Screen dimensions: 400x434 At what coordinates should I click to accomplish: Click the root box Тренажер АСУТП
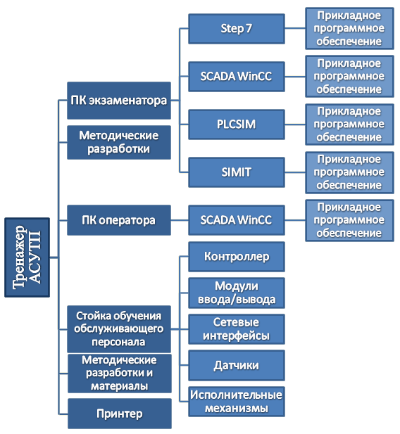coord(27,257)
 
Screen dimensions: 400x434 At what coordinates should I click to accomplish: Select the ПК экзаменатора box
coord(119,101)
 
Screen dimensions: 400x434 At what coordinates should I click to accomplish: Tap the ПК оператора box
coord(119,220)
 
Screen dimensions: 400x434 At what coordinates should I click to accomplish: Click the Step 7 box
coord(237,29)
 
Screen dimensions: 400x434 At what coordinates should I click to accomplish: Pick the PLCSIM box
coord(237,125)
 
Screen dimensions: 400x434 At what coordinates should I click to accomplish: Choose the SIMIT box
coord(237,172)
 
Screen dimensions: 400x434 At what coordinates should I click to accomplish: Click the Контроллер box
coord(237,257)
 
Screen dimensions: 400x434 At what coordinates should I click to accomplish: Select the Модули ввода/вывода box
coord(237,293)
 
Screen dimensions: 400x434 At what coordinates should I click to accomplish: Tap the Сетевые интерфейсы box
coord(237,329)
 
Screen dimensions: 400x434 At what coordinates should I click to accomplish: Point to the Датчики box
coord(237,366)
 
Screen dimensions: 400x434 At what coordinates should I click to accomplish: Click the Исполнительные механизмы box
coord(237,402)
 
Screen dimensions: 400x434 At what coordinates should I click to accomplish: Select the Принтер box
coord(120,414)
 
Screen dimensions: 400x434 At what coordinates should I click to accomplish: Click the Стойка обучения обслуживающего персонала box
coord(119,329)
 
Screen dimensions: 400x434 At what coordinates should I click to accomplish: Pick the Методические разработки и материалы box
coord(120,374)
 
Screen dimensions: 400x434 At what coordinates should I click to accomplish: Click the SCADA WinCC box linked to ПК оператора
coord(237,220)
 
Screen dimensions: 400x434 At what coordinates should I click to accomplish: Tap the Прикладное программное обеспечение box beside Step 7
coord(349,29)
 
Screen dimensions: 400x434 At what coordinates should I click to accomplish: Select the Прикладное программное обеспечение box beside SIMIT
coord(349,172)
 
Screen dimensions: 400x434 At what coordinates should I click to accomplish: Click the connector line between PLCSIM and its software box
coord(295,125)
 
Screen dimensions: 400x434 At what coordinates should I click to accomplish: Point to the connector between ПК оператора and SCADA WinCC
coord(180,220)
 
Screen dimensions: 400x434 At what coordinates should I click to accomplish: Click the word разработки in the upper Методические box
coord(118,149)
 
